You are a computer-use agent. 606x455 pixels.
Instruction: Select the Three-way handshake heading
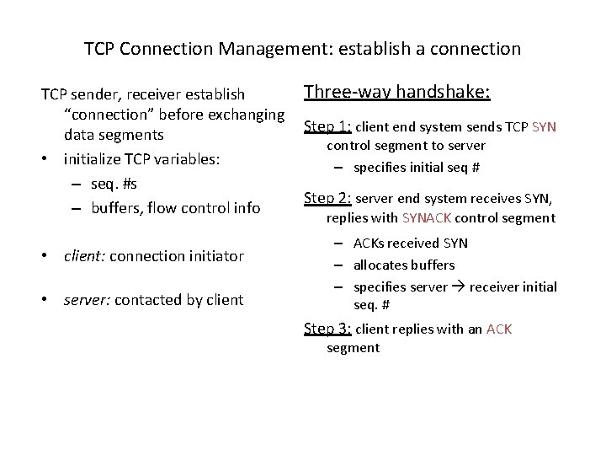pos(396,92)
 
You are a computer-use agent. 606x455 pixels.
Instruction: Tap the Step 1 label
pos(327,127)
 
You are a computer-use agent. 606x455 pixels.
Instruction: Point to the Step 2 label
pos(327,199)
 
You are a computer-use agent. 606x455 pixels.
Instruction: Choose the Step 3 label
pos(327,329)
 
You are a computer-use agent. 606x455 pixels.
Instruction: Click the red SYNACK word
pos(428,218)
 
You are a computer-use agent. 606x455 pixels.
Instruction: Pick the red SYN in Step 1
pos(544,128)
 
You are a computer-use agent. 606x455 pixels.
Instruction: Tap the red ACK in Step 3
pos(498,329)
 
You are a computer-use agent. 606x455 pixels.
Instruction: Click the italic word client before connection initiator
pos(84,256)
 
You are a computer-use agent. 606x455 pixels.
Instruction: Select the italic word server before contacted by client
pos(87,300)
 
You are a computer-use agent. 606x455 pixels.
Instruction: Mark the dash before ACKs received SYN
pos(337,244)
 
